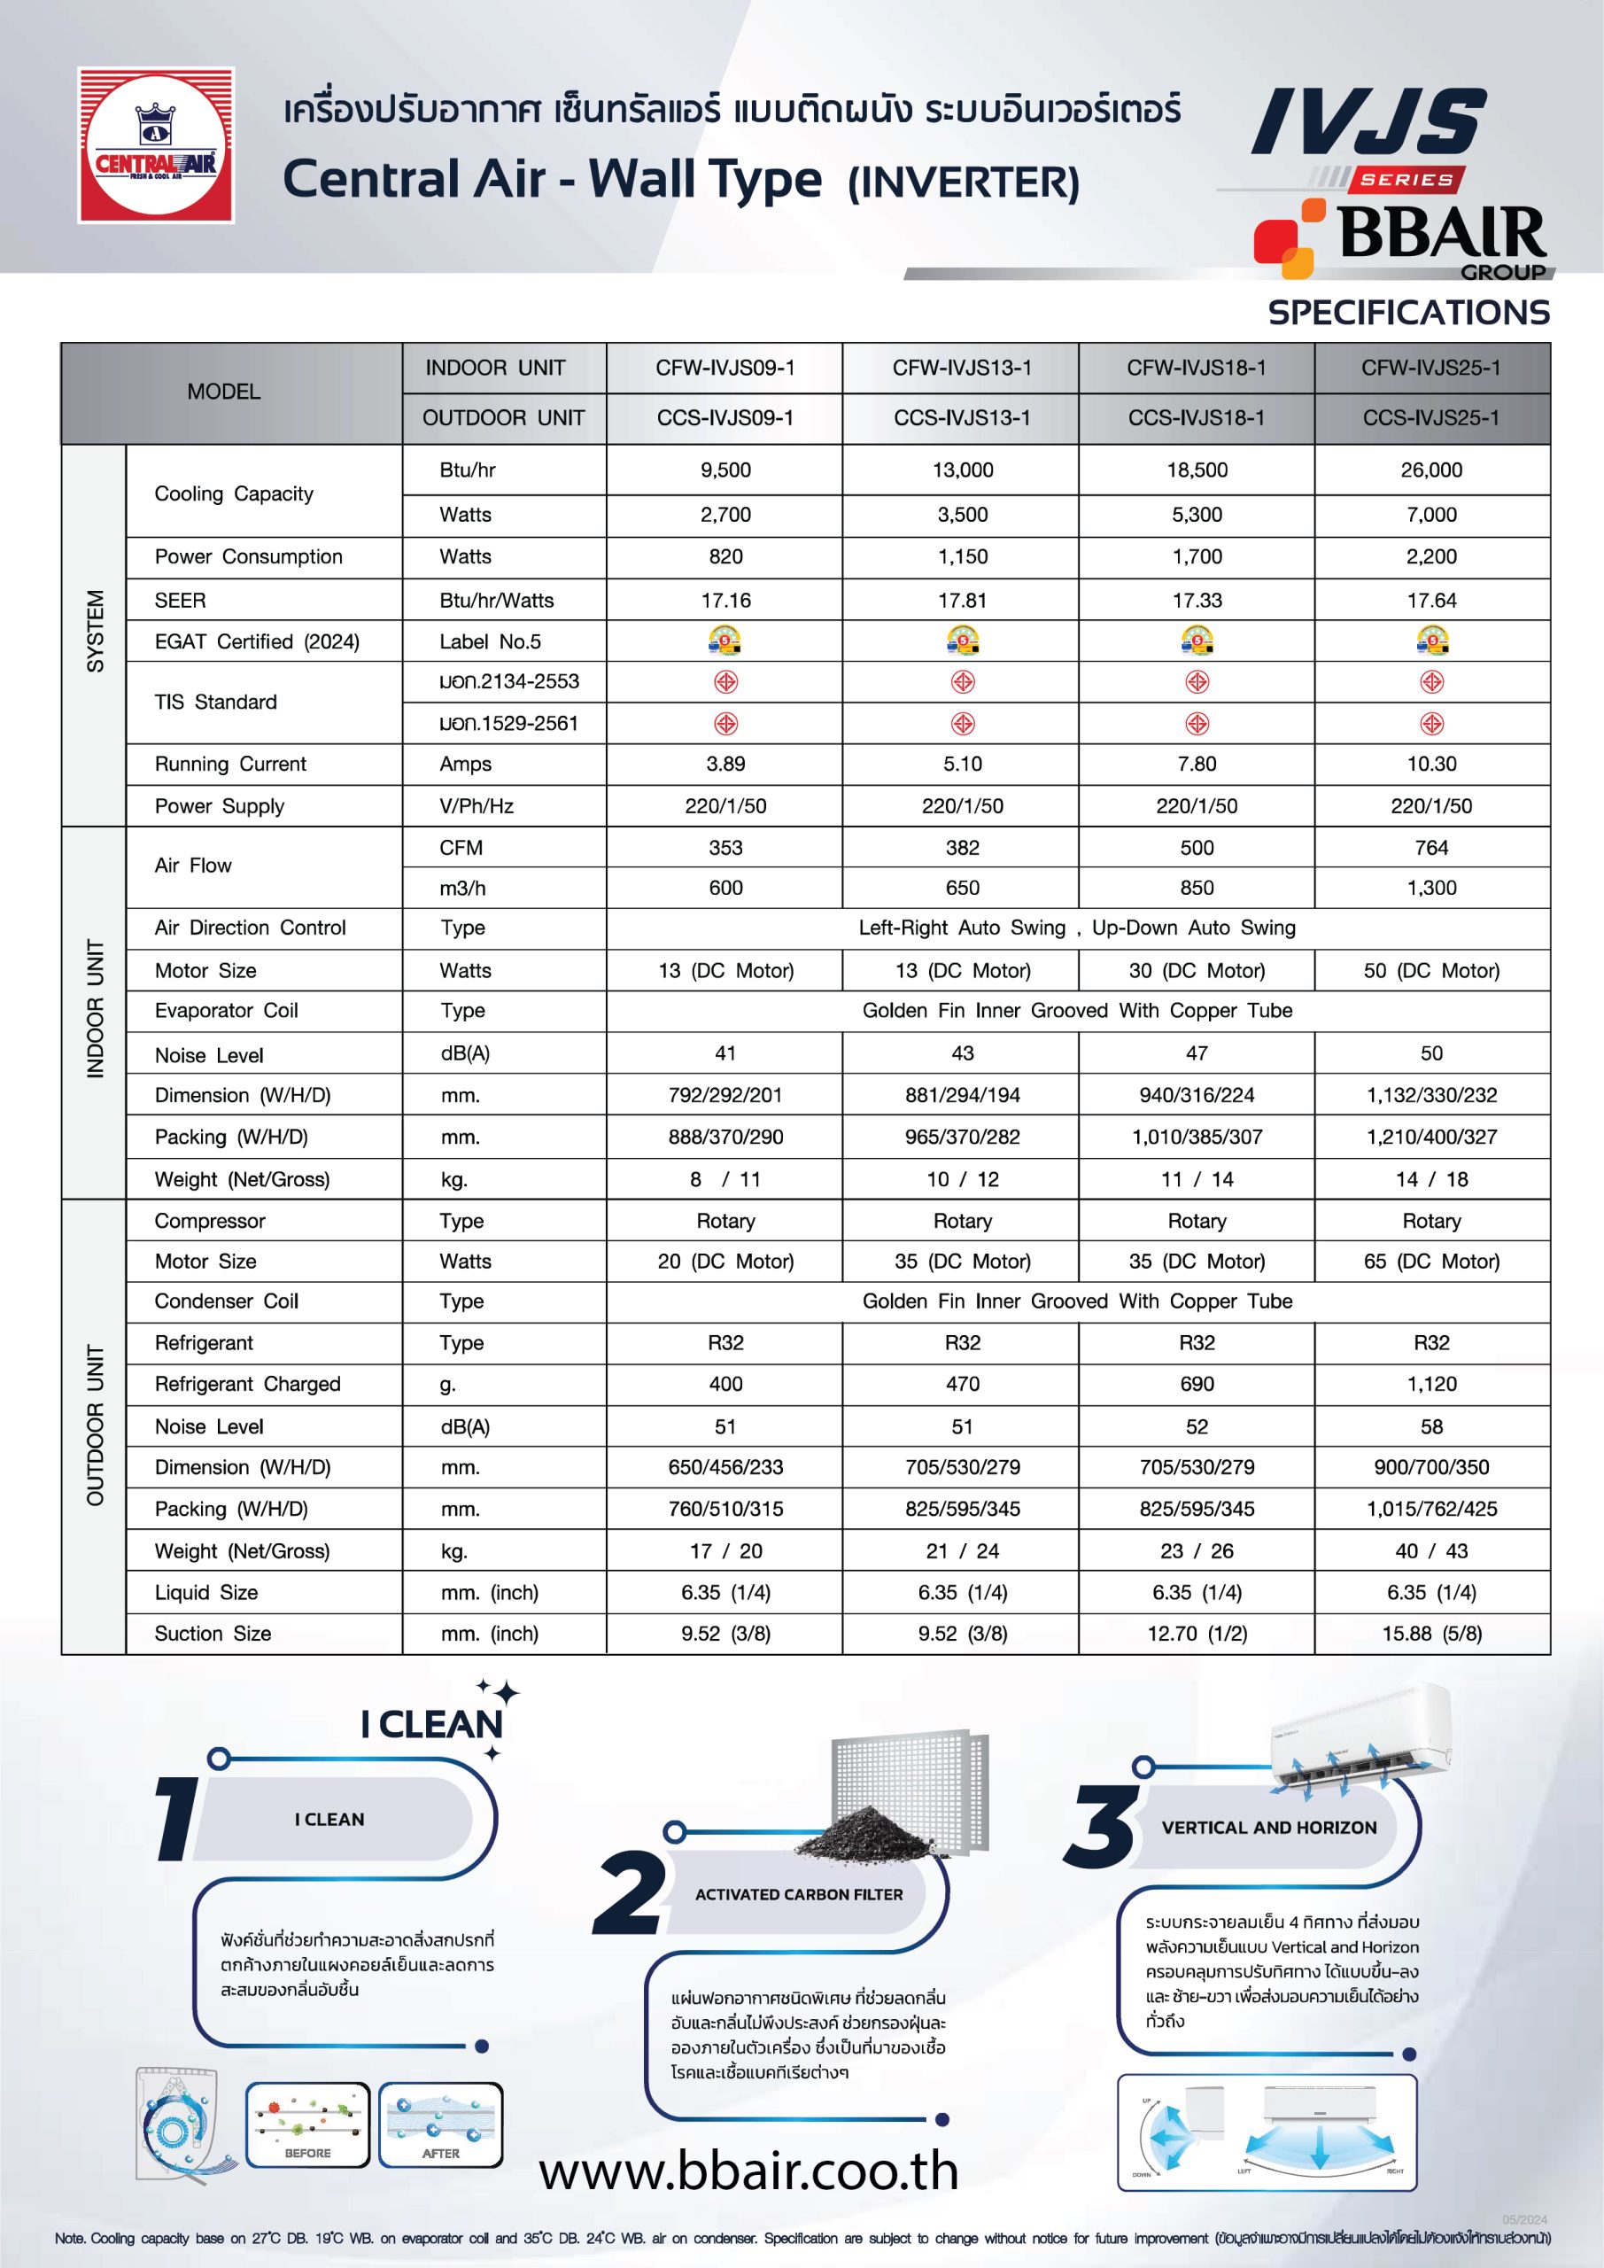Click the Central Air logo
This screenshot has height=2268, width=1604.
[156, 144]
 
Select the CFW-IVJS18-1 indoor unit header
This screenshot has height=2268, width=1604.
[1196, 369]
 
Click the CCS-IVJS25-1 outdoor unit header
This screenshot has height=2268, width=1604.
[1430, 418]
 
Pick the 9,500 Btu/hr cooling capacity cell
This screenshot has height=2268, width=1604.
[725, 470]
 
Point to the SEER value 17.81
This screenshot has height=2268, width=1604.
[962, 601]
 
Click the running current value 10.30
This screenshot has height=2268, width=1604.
[1430, 764]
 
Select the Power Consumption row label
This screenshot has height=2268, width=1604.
[248, 557]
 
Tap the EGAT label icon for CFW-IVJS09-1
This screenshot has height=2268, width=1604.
[725, 641]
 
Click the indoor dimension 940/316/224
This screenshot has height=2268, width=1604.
[1196, 1094]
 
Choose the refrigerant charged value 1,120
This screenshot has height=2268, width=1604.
[1430, 1384]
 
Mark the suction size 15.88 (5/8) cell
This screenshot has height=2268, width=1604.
[1430, 1633]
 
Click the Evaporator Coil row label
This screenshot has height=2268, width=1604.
[226, 1011]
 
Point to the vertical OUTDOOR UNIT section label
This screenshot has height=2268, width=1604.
[95, 1425]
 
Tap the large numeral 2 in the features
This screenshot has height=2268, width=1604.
[628, 1892]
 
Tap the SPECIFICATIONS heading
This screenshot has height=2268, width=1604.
[1408, 313]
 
